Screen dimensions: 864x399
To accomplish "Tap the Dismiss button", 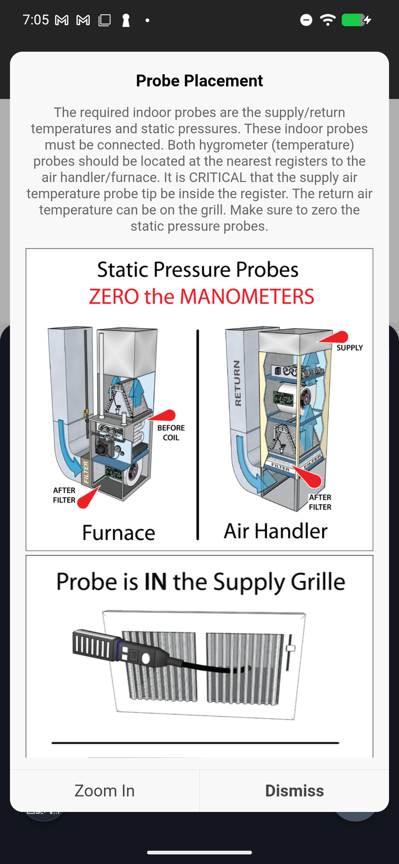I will (x=294, y=791).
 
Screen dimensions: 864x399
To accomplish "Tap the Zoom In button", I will (x=105, y=791).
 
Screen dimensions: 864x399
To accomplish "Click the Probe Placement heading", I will (x=199, y=81).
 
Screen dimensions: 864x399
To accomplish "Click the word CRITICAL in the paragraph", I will (x=217, y=178).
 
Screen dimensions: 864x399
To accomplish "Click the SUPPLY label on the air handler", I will (x=349, y=348).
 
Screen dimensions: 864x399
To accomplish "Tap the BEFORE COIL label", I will (x=171, y=433).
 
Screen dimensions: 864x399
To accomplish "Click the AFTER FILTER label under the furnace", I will (x=64, y=495).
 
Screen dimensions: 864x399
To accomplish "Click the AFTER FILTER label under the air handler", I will (x=320, y=502).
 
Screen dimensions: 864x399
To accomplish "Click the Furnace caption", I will (x=119, y=533).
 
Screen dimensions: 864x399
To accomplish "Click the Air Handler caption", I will (x=276, y=531).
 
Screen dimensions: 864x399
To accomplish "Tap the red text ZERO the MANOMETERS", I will (x=201, y=296).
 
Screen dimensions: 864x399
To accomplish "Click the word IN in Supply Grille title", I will (x=156, y=582).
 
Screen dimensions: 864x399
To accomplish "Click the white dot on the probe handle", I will (x=146, y=658).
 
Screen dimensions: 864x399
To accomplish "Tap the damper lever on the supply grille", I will (x=290, y=649).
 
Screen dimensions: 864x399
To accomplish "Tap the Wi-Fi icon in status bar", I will (x=328, y=20).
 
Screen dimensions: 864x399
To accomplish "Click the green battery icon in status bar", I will (x=353, y=20).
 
